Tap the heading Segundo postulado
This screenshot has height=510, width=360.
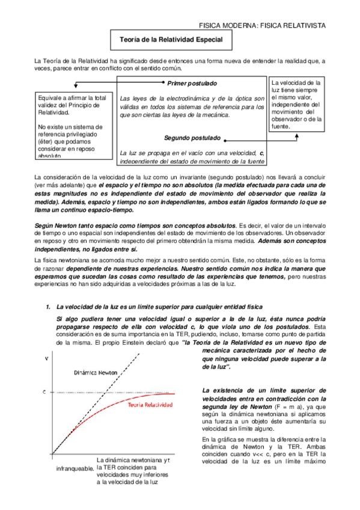pyautogui.click(x=192, y=137)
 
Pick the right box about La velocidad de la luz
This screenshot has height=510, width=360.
pyautogui.click(x=297, y=103)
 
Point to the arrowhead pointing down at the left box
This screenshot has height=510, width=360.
pyautogui.click(x=73, y=89)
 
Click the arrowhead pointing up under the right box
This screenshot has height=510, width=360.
pyautogui.click(x=296, y=135)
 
